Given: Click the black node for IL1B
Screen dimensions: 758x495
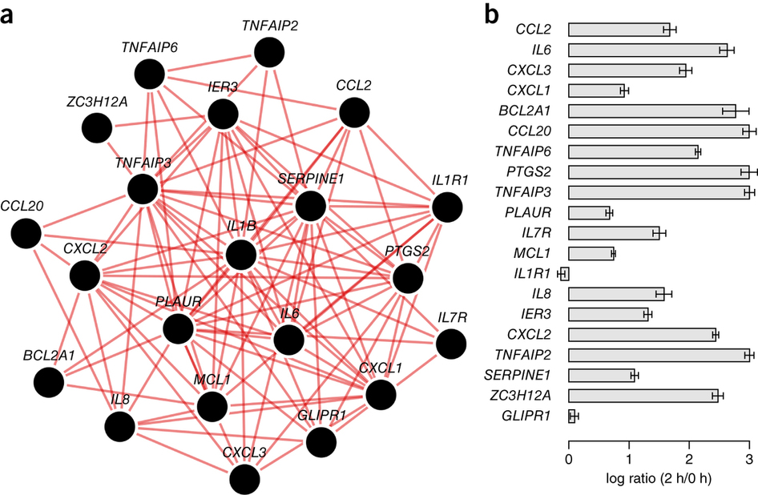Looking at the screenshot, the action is (240, 255).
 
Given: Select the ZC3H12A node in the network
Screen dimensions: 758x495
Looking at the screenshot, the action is (97, 128).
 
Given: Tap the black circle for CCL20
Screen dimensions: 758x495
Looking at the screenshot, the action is (26, 233).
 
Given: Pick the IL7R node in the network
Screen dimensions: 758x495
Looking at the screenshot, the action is (451, 344).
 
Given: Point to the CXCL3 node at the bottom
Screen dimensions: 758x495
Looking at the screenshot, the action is (244, 479).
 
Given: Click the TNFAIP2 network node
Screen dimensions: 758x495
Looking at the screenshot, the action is (268, 52).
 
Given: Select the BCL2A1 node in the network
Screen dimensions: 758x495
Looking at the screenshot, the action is (50, 382).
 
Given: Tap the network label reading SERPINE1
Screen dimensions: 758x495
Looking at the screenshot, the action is (311, 179).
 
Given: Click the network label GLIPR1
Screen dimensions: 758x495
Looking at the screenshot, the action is (321, 415).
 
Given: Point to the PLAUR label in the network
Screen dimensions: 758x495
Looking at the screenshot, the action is (179, 302).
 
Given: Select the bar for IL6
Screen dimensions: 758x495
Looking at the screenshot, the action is (647, 50).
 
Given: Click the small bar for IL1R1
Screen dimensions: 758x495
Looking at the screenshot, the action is (565, 274).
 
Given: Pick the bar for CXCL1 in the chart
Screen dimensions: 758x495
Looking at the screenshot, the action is (596, 91).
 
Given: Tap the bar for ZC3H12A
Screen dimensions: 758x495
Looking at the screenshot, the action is (643, 396).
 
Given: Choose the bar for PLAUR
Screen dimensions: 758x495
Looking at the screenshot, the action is (589, 213).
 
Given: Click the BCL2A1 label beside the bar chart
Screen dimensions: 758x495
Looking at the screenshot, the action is (525, 111).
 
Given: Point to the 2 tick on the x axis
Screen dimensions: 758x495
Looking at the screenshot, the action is (689, 458).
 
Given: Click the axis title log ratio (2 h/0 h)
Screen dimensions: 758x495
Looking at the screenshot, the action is (659, 478).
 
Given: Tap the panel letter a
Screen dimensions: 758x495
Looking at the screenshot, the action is (6, 17).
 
